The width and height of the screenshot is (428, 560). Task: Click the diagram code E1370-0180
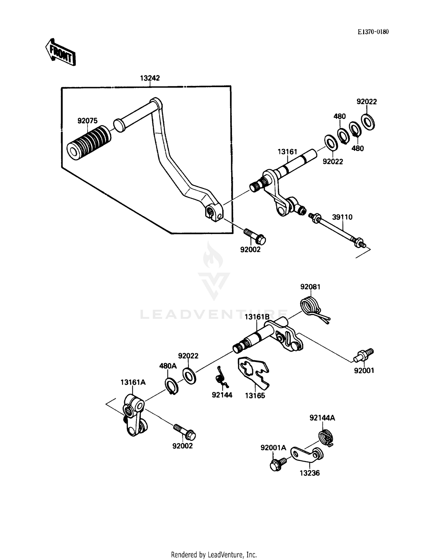click(373, 32)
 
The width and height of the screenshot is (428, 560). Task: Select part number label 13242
click(150, 78)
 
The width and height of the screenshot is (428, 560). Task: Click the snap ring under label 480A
click(172, 386)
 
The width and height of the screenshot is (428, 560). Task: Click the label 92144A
click(322, 418)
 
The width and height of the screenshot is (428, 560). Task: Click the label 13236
click(310, 473)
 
